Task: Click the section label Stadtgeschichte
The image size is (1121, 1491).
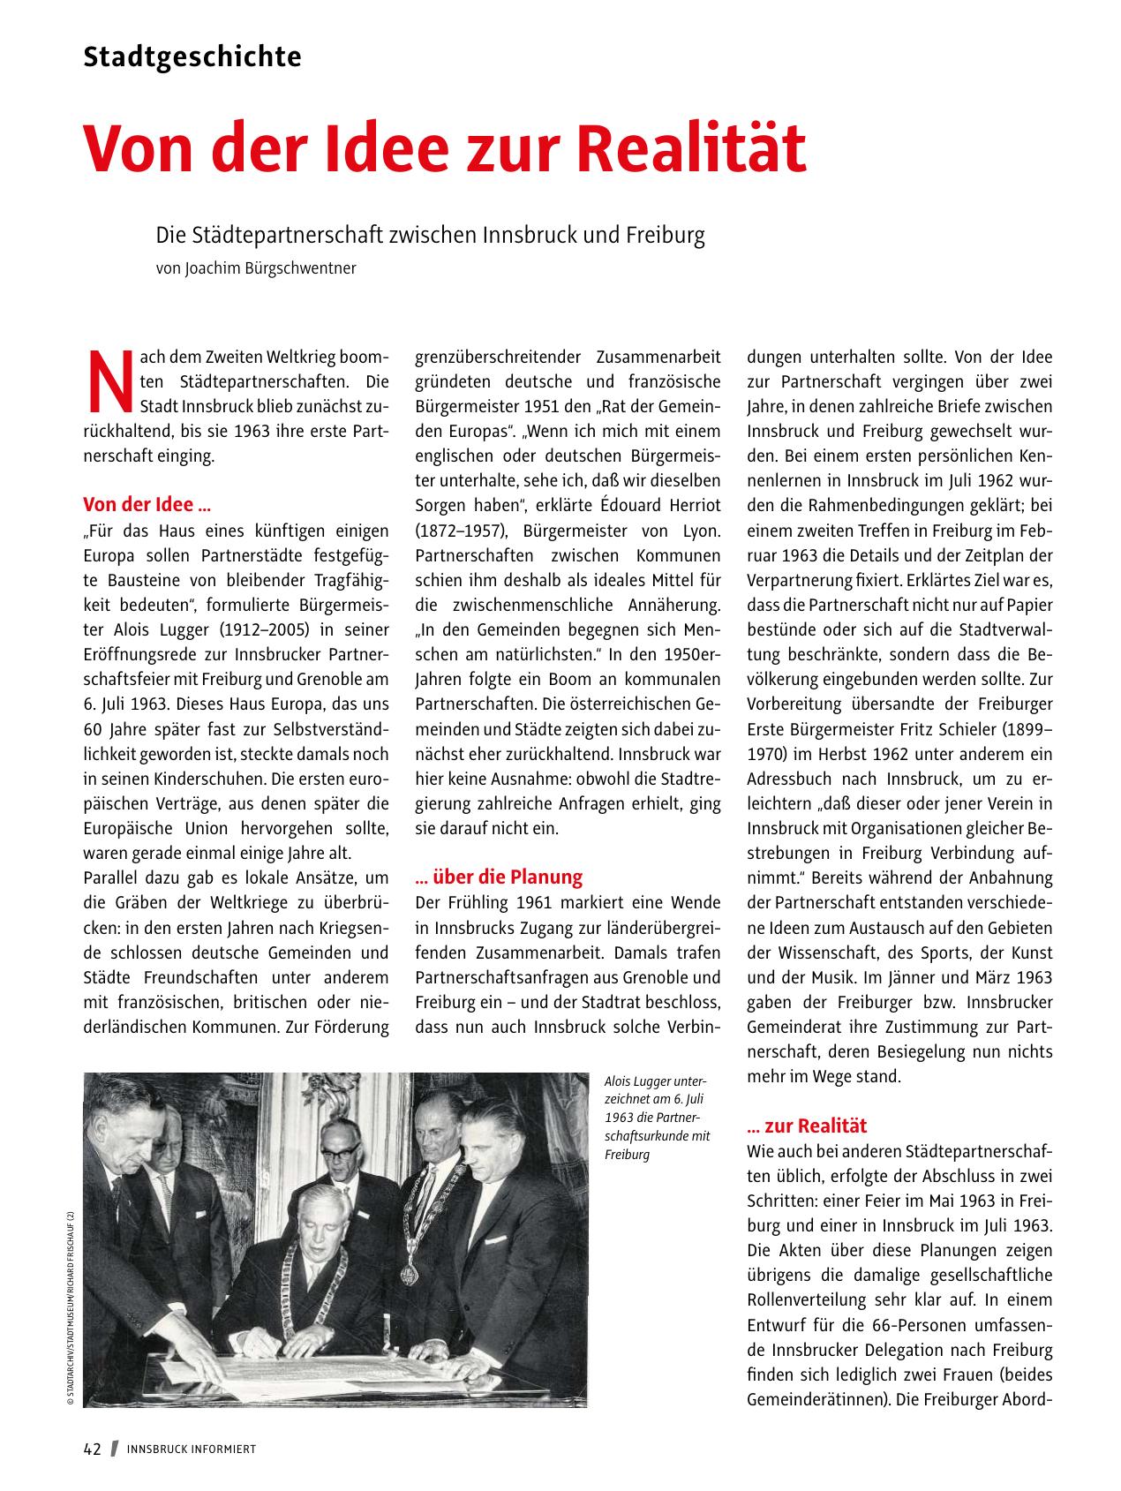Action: tap(192, 57)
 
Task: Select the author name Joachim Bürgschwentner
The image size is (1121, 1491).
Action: tap(271, 268)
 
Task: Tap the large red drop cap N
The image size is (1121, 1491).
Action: tap(110, 382)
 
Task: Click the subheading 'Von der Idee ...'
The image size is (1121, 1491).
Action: tap(147, 505)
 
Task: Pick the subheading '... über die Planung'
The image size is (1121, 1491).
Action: tap(499, 877)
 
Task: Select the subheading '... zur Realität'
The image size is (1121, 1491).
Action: tap(807, 1126)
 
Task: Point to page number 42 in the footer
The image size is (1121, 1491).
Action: tap(93, 1449)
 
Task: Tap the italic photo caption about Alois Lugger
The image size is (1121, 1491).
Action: tap(658, 1118)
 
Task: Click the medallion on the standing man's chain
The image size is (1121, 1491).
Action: tap(409, 1269)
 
